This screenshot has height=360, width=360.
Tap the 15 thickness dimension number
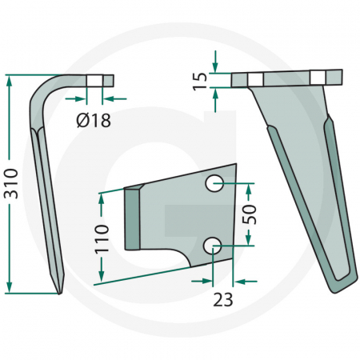coord(200,79)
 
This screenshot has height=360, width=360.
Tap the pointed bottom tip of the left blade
coord(61,292)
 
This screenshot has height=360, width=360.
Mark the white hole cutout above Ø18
coord(94,80)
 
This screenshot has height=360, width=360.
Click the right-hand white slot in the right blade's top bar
coord(319,77)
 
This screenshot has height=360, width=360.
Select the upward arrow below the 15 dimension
coord(215,94)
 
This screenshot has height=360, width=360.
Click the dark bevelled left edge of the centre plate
coord(133,217)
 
